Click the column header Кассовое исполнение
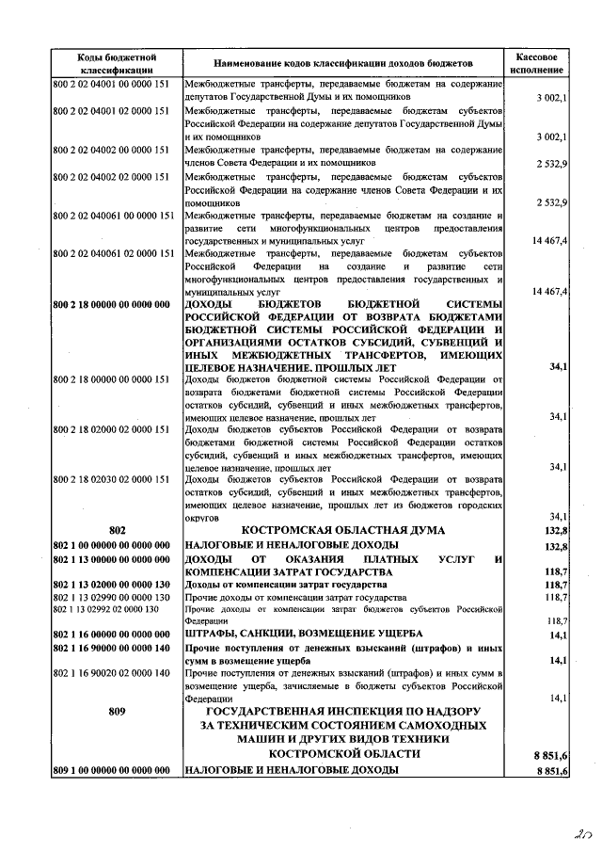click(x=538, y=63)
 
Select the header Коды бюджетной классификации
click(x=117, y=63)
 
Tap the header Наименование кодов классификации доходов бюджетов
click(x=343, y=63)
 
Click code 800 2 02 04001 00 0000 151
click(x=111, y=84)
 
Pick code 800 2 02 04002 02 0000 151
click(x=111, y=176)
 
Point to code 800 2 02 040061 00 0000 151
click(x=114, y=216)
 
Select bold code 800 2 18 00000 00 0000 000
click(x=113, y=304)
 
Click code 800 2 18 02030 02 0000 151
click(x=111, y=479)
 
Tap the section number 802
click(x=118, y=531)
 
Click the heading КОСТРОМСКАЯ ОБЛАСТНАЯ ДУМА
click(x=343, y=531)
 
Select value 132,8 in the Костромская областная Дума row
click(x=554, y=531)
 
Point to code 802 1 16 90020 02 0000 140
click(x=111, y=672)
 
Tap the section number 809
click(x=118, y=711)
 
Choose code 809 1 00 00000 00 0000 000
click(x=113, y=770)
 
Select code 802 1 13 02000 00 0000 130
click(x=113, y=585)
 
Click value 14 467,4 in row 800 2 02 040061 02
click(x=548, y=293)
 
